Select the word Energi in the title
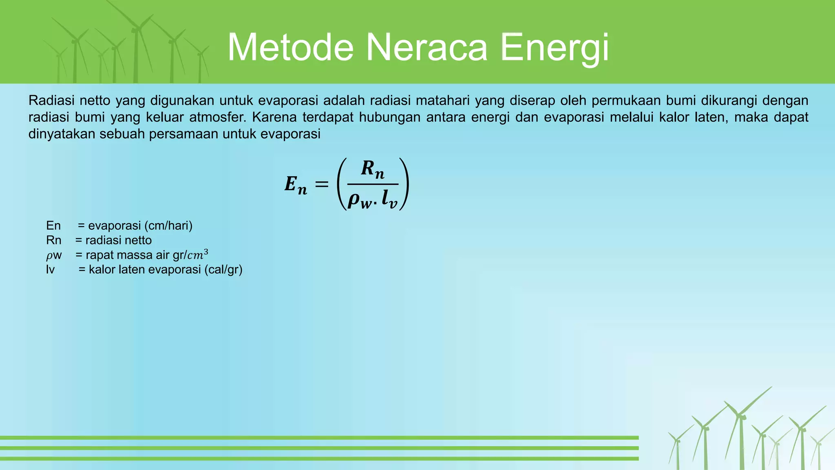554,48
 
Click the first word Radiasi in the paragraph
51,100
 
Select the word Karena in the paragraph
274,117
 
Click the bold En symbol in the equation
296,184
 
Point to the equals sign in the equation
322,184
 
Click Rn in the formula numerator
373,169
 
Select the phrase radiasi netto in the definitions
119,240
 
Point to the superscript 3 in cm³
206,252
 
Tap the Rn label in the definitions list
54,240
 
